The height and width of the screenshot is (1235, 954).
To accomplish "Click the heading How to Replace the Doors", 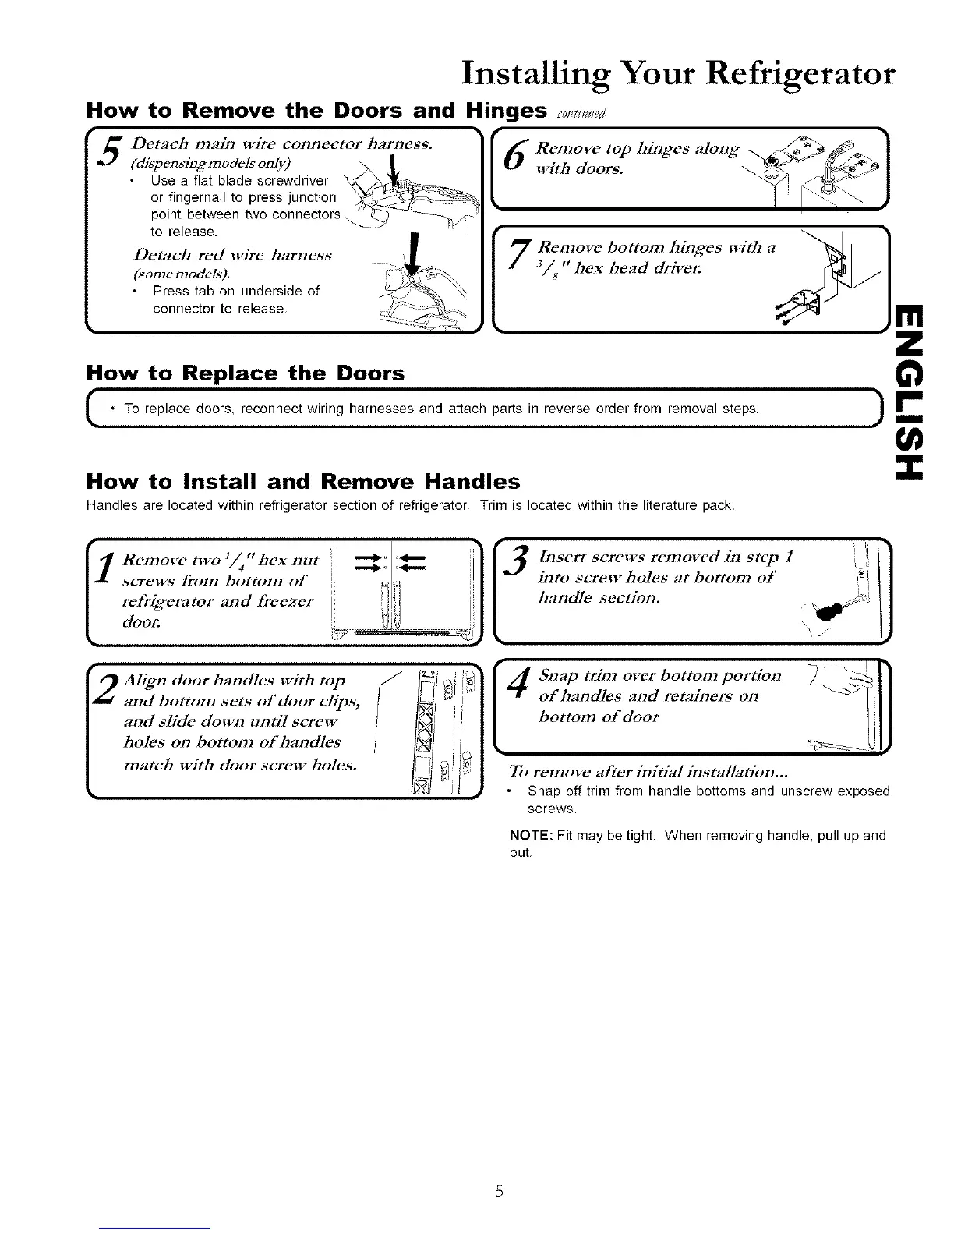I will (246, 373).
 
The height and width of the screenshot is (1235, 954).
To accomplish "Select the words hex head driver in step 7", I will (641, 269).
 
